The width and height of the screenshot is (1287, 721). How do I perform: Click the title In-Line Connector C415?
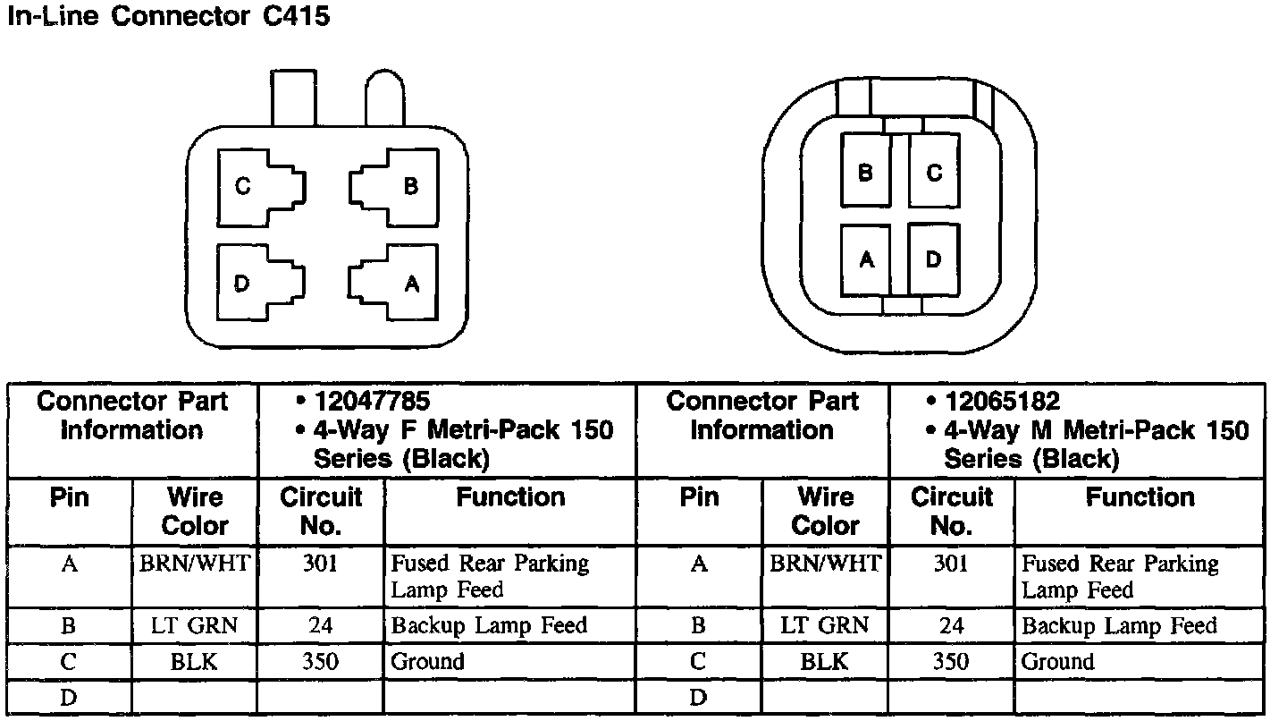[x=168, y=17]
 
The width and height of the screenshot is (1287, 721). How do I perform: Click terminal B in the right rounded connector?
[x=864, y=172]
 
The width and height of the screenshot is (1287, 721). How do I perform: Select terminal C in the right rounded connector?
[x=934, y=172]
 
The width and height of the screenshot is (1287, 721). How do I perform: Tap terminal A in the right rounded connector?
[x=864, y=259]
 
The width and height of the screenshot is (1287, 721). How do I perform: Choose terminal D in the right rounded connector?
[x=934, y=259]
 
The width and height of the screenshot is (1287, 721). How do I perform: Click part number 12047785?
[x=374, y=401]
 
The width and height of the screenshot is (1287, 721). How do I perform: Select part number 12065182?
[x=1004, y=401]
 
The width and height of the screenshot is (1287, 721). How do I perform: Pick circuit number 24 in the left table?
[x=320, y=625]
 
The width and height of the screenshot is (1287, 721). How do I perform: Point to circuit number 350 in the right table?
[x=950, y=662]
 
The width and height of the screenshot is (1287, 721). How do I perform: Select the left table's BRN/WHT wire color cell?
[x=194, y=564]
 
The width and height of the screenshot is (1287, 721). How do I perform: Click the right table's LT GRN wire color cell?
[x=824, y=625]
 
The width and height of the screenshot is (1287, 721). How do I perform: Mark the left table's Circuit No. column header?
[x=320, y=511]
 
